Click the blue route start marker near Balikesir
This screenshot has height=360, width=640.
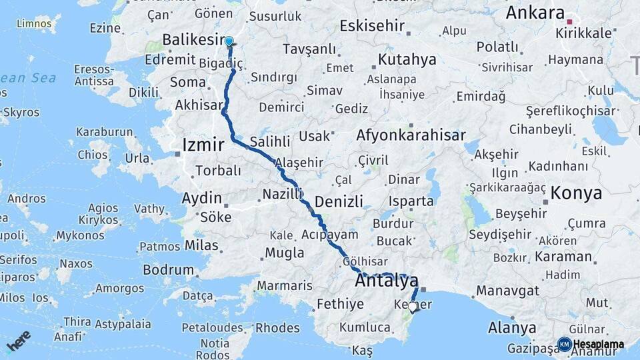click(x=229, y=41)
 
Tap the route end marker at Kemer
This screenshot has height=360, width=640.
click(x=413, y=307)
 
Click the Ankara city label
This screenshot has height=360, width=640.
click(x=535, y=13)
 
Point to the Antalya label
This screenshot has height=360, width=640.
click(x=387, y=281)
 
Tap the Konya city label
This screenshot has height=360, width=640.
click(x=576, y=193)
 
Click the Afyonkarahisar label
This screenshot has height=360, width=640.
click(x=411, y=135)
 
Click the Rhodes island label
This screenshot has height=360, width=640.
click(x=277, y=327)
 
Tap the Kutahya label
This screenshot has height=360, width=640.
click(x=407, y=59)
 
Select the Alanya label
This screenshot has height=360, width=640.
click(x=512, y=327)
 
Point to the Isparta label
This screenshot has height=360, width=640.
click(x=412, y=201)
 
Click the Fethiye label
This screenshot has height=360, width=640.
click(x=340, y=305)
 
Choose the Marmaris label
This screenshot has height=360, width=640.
click(x=284, y=286)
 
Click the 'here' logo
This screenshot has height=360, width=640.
click(x=19, y=340)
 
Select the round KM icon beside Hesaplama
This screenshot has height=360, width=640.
click(x=564, y=344)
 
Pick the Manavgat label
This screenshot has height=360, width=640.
click(x=507, y=291)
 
